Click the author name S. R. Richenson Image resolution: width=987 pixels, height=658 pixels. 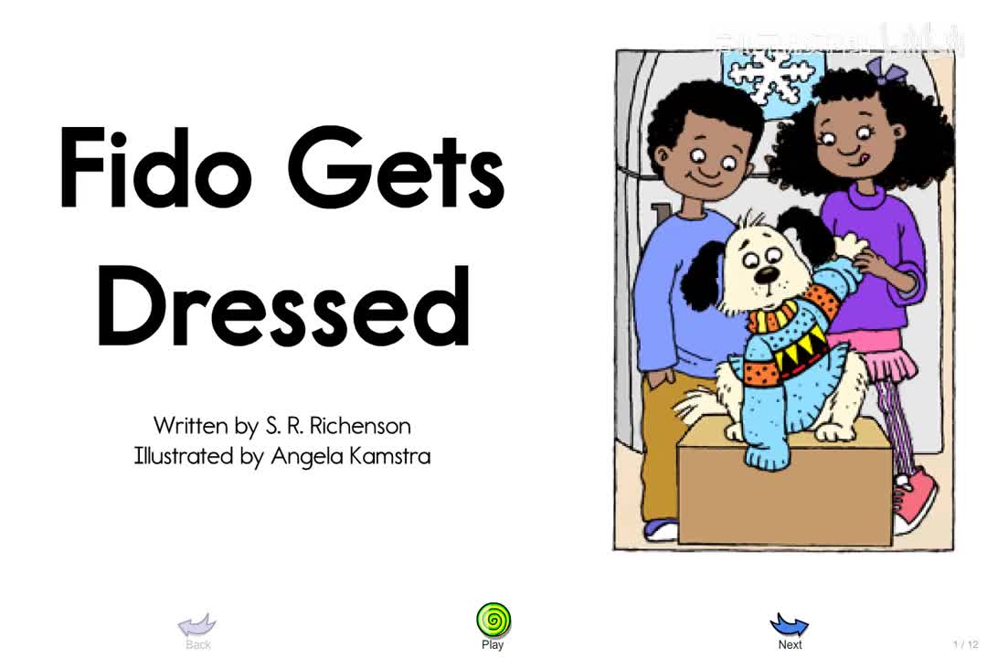tap(338, 426)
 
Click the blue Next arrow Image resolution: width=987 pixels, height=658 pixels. tap(790, 625)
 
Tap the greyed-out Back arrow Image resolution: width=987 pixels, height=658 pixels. tap(196, 625)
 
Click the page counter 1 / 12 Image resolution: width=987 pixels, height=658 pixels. tap(965, 644)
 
